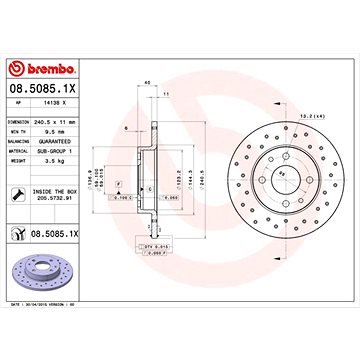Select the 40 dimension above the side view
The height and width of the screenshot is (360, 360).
[x=148, y=82]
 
